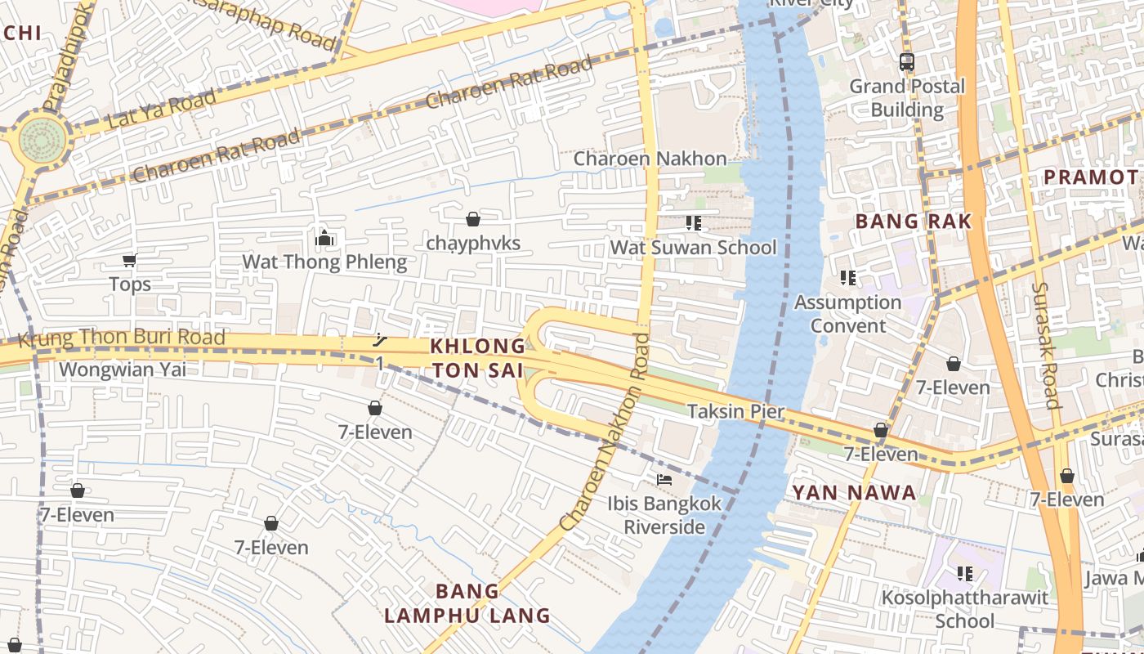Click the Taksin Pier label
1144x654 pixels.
tap(735, 411)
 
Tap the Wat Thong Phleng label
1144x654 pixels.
tap(324, 262)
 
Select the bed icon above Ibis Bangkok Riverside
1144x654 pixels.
tap(664, 479)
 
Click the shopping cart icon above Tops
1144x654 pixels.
tap(129, 260)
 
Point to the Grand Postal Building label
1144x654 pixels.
tap(907, 98)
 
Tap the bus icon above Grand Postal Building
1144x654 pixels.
tap(906, 61)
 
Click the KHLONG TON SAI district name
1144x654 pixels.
tap(477, 358)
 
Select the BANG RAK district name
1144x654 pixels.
tap(914, 221)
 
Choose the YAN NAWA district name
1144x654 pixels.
tap(854, 493)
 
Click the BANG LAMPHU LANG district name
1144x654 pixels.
tap(467, 603)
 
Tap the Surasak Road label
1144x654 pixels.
tap(1045, 345)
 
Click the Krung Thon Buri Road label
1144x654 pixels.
tap(121, 337)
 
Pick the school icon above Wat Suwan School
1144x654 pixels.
tap(694, 222)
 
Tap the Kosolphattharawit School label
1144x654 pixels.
tap(964, 609)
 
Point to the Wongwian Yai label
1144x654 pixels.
tap(123, 370)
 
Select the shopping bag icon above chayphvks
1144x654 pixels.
tap(472, 219)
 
